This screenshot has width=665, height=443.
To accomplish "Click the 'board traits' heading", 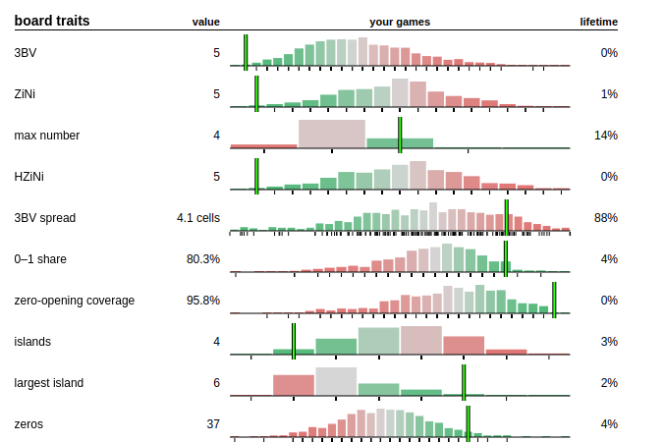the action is [x=52, y=21].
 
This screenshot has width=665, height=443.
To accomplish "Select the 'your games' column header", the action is [x=400, y=22].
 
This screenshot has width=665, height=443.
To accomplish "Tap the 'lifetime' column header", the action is [x=598, y=22].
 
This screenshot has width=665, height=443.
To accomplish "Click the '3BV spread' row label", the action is [x=45, y=218].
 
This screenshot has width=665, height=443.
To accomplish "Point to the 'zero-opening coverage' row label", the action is [x=75, y=301].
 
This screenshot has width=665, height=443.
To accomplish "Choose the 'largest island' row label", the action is [x=49, y=383].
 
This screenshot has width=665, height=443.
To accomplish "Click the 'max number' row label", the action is [x=46, y=136].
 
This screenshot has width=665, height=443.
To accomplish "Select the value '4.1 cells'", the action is [x=198, y=218].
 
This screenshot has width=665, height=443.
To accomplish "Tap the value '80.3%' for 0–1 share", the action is [x=203, y=259].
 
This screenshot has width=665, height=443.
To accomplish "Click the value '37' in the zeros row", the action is [x=213, y=424].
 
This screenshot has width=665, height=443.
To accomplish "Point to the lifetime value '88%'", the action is [x=606, y=218].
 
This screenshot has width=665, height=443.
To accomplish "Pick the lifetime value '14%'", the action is [x=606, y=136].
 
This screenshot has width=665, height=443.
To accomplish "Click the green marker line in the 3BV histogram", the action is [x=246, y=53].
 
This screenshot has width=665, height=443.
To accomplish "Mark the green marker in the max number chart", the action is [x=400, y=136].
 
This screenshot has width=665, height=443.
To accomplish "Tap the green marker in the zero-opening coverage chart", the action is [x=554, y=301].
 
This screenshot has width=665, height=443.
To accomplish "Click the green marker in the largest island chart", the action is [x=464, y=382].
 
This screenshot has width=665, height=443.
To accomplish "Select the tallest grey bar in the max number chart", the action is [x=332, y=134].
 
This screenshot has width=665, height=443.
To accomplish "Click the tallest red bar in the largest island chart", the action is [x=294, y=385].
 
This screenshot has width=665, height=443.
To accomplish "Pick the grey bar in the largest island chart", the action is [x=336, y=381].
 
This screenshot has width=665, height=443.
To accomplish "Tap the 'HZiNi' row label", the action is [x=28, y=177].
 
